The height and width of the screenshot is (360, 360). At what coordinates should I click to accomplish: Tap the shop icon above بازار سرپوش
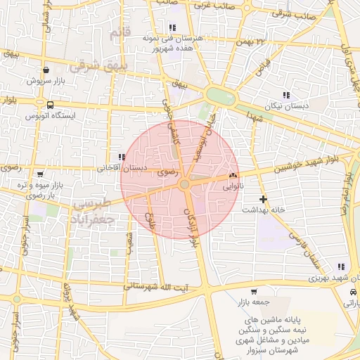click(46, 70)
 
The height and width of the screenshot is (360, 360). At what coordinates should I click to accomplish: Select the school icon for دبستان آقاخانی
click(122, 157)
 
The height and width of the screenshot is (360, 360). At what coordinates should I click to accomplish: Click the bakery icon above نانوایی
click(233, 175)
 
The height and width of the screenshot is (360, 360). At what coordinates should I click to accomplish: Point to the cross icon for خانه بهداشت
click(263, 199)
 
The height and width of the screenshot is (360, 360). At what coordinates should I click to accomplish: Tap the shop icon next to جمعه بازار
click(254, 291)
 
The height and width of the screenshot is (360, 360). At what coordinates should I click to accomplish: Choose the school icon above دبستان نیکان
click(285, 95)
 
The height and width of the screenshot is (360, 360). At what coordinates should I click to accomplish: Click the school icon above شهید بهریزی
click(341, 266)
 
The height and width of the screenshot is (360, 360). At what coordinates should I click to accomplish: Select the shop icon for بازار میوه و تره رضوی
click(39, 174)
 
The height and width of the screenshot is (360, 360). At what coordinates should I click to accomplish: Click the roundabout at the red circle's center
click(184, 184)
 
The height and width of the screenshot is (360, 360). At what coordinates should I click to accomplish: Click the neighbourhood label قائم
click(120, 32)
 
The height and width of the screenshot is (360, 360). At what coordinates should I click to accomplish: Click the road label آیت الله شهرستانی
click(155, 287)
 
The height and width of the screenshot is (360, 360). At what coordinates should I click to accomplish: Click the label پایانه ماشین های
click(274, 318)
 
